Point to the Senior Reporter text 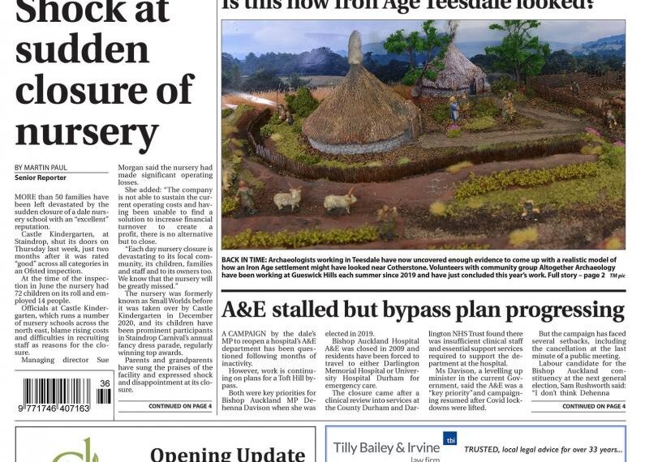(x=40, y=178)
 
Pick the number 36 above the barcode (x=105, y=383)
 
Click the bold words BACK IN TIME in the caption (x=245, y=257)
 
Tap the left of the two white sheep (x=285, y=198)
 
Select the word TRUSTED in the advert (x=486, y=449)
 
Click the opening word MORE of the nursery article (x=27, y=196)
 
